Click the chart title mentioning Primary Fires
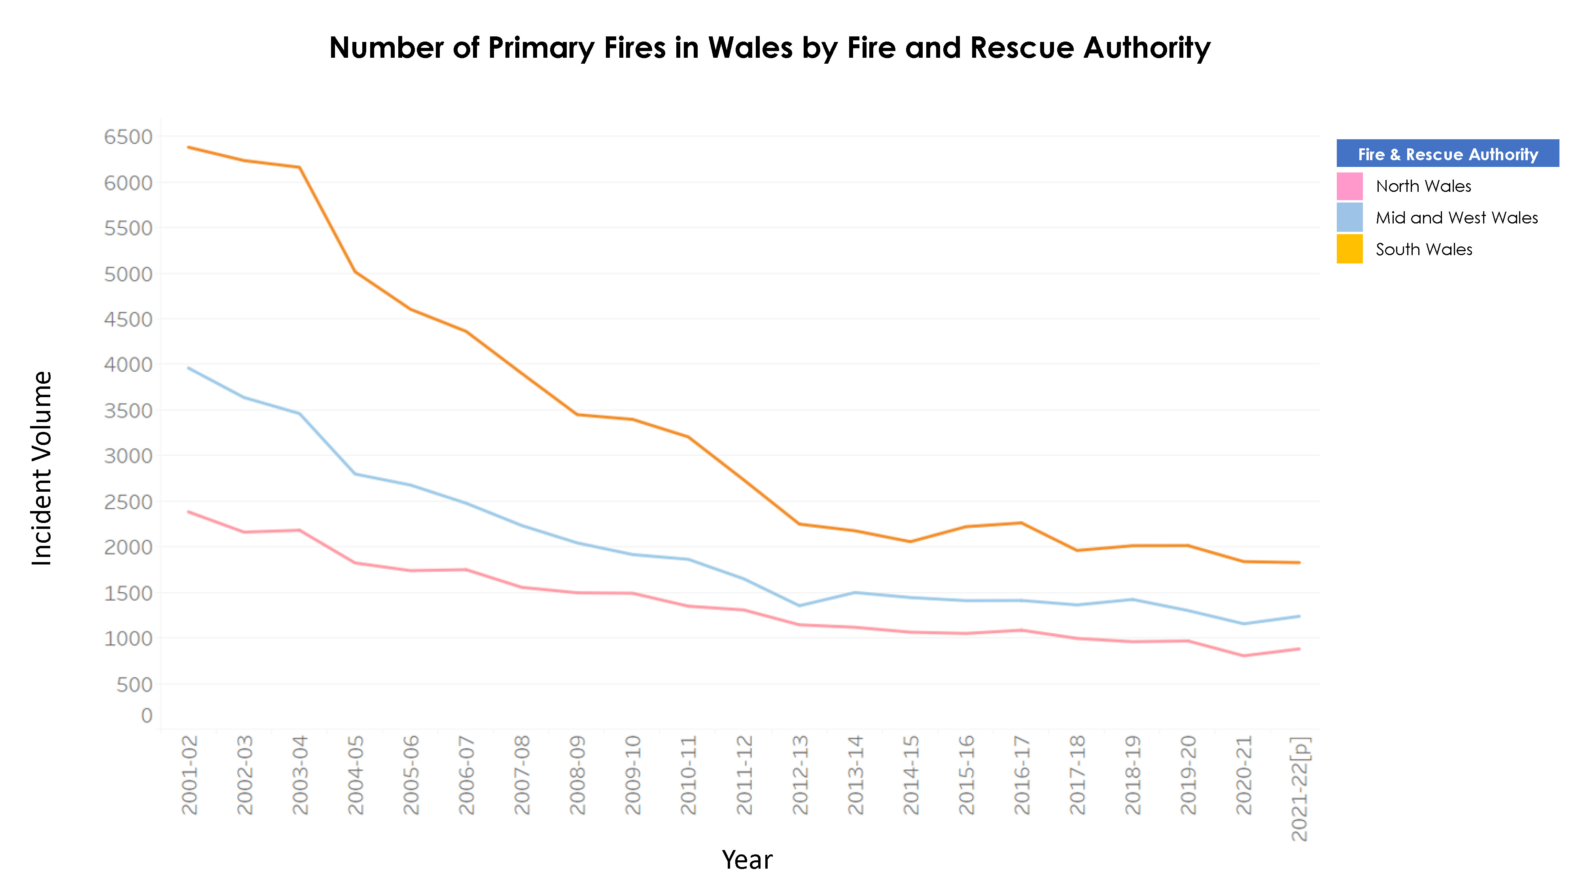[770, 48]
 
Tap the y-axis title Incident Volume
[42, 468]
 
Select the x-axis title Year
[747, 859]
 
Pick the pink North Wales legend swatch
[1349, 186]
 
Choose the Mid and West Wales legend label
[1456, 218]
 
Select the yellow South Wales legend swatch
[1349, 249]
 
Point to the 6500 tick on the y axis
[129, 137]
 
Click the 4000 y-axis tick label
[129, 365]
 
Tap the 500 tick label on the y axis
[134, 684]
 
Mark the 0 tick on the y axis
[147, 716]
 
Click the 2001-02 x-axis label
[190, 775]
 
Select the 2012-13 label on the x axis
[800, 775]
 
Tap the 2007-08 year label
[522, 775]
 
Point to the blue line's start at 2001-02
[189, 368]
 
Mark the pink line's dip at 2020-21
[1243, 656]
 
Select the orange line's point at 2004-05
[356, 271]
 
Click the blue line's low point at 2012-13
[800, 606]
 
